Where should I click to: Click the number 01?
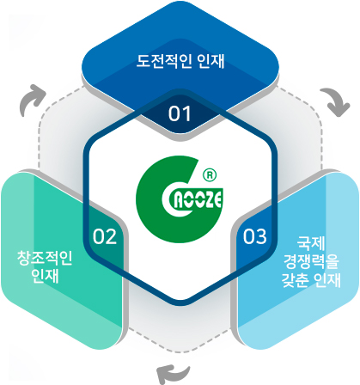tap(180, 113)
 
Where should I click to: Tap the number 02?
tap(105, 236)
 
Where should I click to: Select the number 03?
tap(255, 236)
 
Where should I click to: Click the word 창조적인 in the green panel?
tap(45, 258)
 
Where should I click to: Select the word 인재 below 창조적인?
tap(45, 276)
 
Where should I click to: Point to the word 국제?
tap(311, 243)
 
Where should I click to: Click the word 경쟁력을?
tap(311, 261)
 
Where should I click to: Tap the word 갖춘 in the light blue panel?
tap(295, 280)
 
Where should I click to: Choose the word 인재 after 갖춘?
tap(327, 280)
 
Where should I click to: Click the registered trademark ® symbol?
tap(210, 175)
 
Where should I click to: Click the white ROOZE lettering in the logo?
tap(198, 199)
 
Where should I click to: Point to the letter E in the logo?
tap(218, 199)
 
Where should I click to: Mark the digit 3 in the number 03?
tap(261, 236)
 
